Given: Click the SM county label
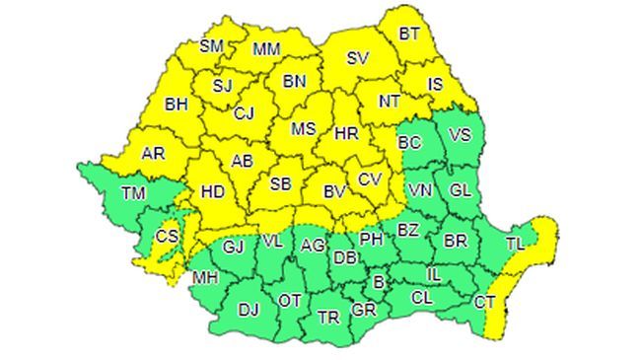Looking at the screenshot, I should click(211, 45).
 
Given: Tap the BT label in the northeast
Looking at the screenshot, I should click(409, 34).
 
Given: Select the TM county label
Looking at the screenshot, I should click(133, 192).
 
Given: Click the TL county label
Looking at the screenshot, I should click(515, 242).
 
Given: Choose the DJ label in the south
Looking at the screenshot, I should click(249, 310).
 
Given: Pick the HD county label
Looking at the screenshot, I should click(213, 192).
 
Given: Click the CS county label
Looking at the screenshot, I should click(168, 236).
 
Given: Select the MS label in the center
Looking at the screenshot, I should click(304, 129).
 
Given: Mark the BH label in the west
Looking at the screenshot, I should click(176, 103).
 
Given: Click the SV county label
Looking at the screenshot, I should click(357, 59).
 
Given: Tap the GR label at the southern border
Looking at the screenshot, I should click(364, 310).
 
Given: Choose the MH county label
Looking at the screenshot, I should click(205, 277).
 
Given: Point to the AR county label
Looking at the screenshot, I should click(153, 154).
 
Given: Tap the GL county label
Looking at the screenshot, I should click(460, 189).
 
